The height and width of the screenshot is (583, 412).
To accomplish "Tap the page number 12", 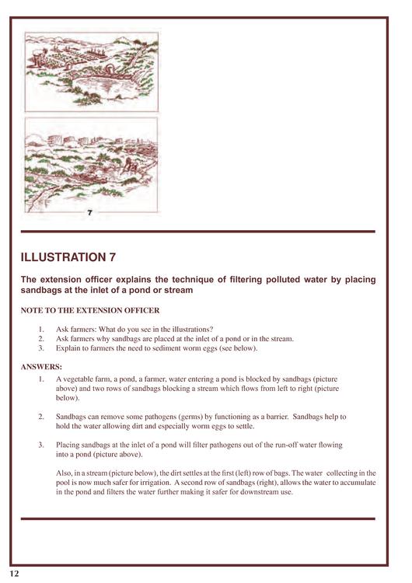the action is (14, 574).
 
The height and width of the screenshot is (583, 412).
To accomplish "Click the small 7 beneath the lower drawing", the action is (89, 213).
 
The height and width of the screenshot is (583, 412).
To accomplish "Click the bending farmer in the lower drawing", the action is (129, 165).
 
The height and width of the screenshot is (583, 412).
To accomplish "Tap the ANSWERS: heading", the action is (41, 367).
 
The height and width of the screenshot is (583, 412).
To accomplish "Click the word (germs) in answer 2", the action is (190, 417).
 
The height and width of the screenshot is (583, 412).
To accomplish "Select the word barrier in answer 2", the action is (276, 417).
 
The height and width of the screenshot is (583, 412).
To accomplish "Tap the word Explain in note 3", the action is (68, 348).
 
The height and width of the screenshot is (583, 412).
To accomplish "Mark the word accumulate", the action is (358, 483).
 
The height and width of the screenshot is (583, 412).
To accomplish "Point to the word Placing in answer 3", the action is (68, 445).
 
